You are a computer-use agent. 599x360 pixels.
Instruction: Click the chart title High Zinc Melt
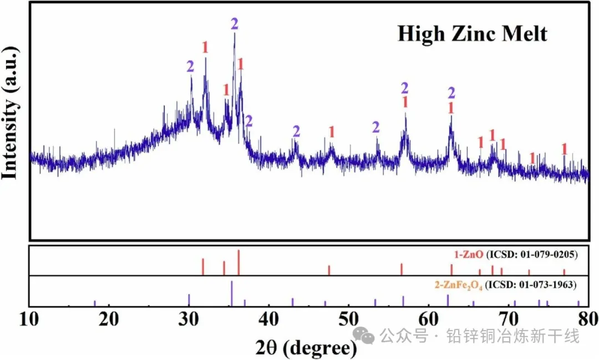coord(472,34)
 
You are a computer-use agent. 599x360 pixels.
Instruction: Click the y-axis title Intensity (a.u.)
coord(11,113)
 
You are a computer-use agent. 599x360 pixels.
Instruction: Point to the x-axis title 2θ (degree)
coord(306,347)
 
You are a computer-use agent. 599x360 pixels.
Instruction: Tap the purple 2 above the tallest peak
coord(235,24)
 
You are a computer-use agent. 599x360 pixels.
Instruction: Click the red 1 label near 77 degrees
coord(565,149)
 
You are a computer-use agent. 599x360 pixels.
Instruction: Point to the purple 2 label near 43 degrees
coord(296,131)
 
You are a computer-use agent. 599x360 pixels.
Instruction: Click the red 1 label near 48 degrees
coord(332,132)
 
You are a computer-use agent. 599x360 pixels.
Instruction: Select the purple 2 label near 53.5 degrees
coord(376,128)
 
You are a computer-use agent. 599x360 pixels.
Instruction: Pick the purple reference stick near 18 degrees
coord(95,303)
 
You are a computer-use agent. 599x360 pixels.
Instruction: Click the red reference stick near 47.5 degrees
coord(329,270)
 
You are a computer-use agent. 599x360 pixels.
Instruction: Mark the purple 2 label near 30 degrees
coord(191,67)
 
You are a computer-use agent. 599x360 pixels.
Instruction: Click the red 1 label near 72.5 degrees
coord(532,158)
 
